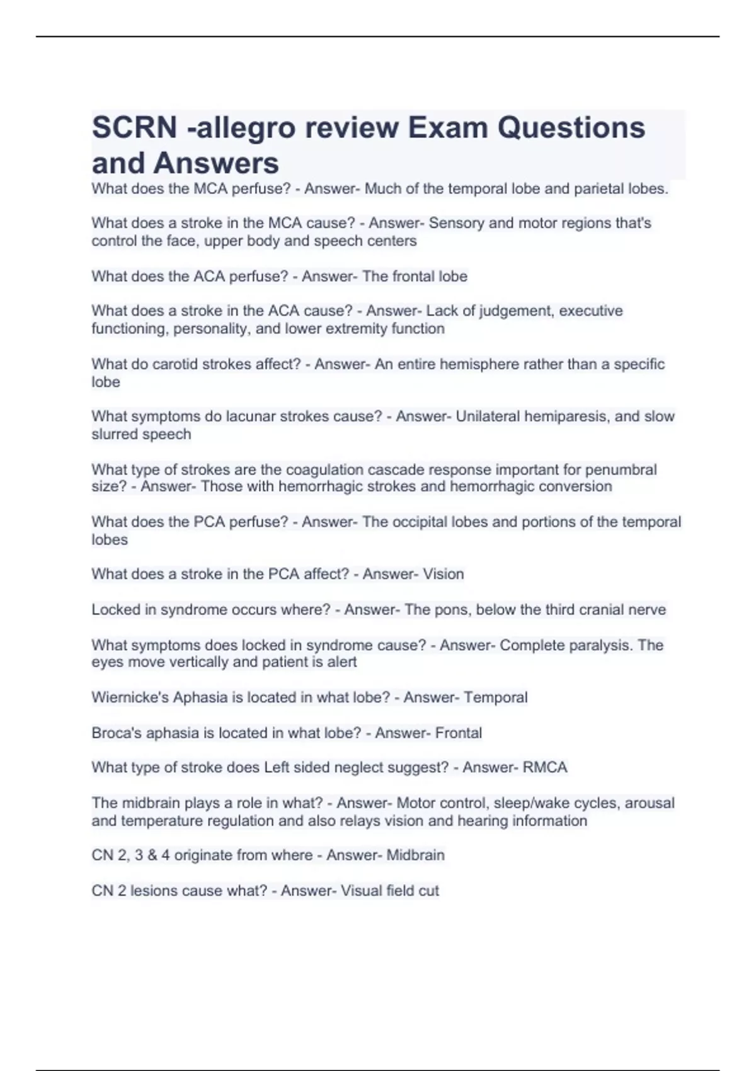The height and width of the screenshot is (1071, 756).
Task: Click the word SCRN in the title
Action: click(x=134, y=128)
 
